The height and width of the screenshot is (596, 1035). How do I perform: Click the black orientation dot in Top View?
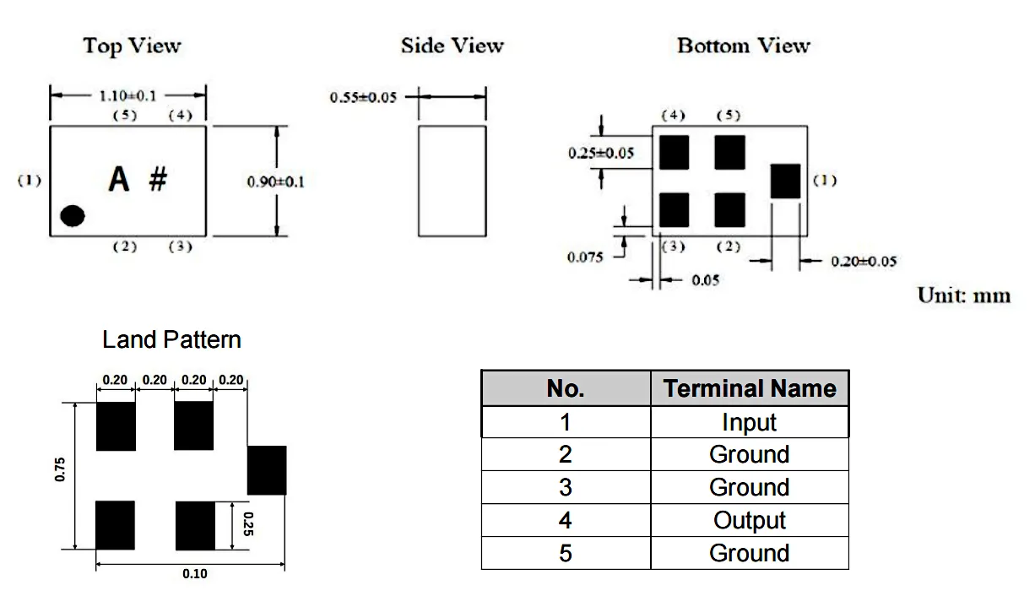point(73,216)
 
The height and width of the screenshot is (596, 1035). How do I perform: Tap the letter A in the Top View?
point(119,179)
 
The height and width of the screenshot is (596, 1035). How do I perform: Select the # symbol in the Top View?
point(158,179)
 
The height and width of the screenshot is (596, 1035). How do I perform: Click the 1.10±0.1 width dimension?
point(128,95)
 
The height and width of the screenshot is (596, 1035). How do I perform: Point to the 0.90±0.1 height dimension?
point(275,182)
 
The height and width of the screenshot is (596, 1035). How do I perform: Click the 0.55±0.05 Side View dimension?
point(363,97)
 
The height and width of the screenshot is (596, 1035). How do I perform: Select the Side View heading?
point(452,46)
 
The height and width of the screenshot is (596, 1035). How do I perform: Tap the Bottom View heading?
point(743,46)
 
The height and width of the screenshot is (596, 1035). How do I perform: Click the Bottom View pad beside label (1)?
point(786,182)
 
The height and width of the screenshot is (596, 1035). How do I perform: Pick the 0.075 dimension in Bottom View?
point(585,257)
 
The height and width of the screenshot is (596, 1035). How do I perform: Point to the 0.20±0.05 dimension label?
point(864,262)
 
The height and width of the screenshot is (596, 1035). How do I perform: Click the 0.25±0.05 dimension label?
point(600,153)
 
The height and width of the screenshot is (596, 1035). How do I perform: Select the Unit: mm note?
point(963,296)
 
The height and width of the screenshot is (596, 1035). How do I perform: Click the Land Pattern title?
point(171,339)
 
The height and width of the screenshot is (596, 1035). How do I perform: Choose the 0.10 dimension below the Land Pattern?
point(194,574)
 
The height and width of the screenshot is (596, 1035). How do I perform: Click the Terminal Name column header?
point(749,388)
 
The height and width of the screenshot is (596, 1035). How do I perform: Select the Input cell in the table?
point(749,422)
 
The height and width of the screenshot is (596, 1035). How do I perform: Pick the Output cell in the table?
point(749,520)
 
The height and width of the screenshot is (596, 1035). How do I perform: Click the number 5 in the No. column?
point(565,553)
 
